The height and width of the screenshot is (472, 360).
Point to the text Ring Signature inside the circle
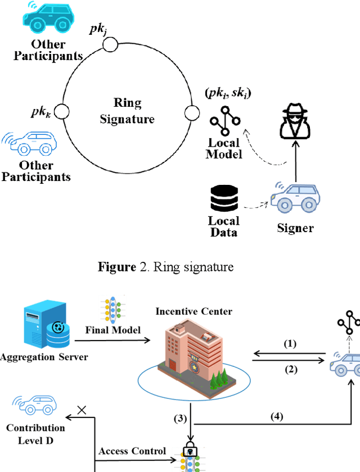[x=127, y=111]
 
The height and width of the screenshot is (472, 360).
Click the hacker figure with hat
[x=295, y=123]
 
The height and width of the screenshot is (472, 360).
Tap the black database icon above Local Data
[x=223, y=197]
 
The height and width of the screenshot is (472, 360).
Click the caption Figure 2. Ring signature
[x=165, y=267]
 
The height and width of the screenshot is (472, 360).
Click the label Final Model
[x=113, y=330]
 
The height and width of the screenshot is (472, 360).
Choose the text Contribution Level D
[x=35, y=433]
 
